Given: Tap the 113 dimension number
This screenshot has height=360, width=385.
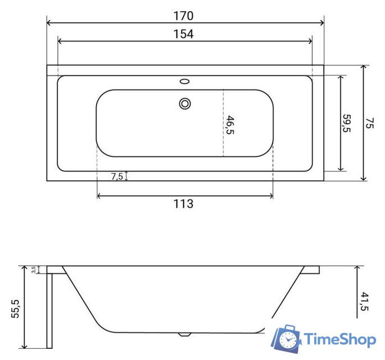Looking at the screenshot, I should tap(184, 204).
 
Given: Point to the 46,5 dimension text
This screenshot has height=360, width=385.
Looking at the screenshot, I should tap(230, 125).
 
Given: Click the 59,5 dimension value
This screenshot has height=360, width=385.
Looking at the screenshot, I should tap(347, 124).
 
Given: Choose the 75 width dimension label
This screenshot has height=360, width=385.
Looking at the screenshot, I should tap(369, 124).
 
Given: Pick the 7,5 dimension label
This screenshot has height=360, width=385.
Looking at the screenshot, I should tap(117, 176).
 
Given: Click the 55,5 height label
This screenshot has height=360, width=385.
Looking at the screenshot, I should tap(15, 309).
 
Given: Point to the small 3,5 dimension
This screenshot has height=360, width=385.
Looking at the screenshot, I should tap(34, 270).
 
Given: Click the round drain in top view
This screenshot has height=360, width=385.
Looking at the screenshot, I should tap(185, 103).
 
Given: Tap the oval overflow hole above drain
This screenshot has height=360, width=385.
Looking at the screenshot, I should tap(184, 82).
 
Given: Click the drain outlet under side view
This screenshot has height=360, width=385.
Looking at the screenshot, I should tap(184, 334).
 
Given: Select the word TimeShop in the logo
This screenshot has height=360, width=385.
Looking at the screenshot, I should tap(339, 339).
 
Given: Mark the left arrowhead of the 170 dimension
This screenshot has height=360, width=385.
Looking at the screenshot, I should tap(49, 23).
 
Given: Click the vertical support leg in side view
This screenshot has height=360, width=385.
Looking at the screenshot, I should tap(49, 309).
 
